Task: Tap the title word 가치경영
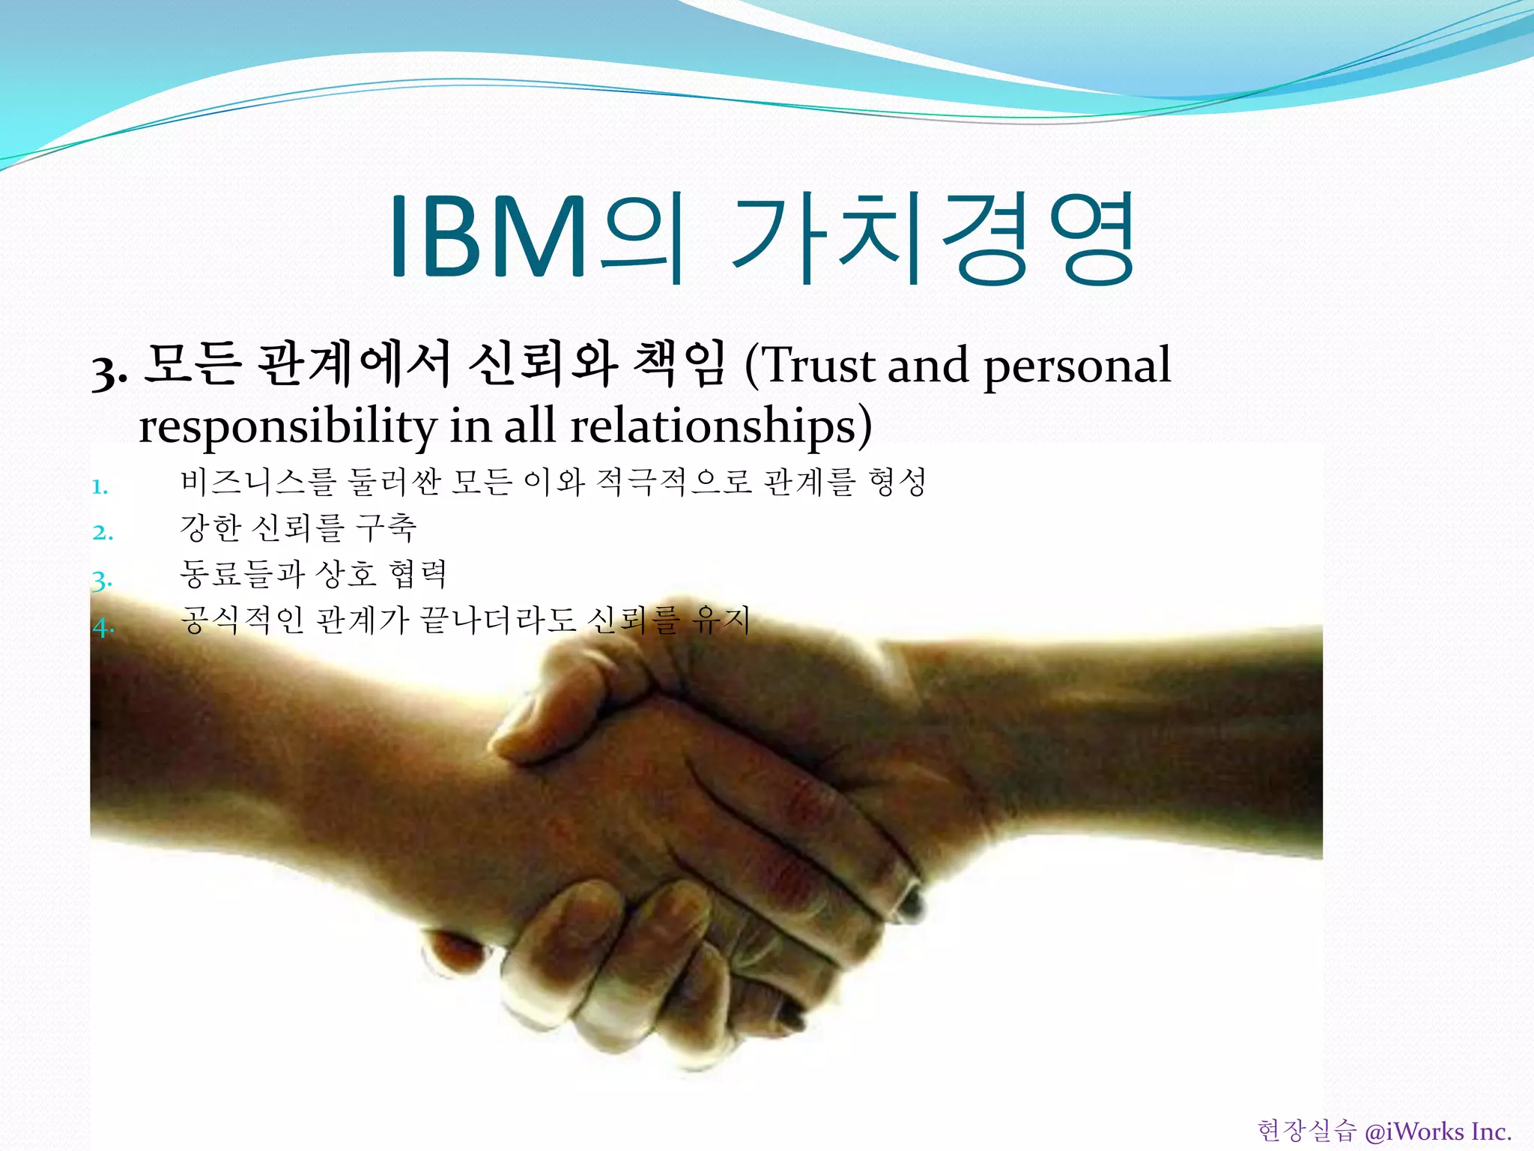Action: pyautogui.click(x=933, y=238)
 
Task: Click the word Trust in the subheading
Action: pyautogui.click(x=820, y=366)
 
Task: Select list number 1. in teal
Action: pyautogui.click(x=100, y=488)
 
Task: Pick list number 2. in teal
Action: pyautogui.click(x=103, y=534)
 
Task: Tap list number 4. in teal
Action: pyautogui.click(x=103, y=626)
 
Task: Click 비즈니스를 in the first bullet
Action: pyautogui.click(x=258, y=482)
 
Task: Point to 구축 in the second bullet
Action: pyautogui.click(x=386, y=528)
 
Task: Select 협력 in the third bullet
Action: pyautogui.click(x=418, y=574)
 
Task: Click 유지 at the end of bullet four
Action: pyautogui.click(x=721, y=620)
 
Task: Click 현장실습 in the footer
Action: pyautogui.click(x=1306, y=1131)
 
